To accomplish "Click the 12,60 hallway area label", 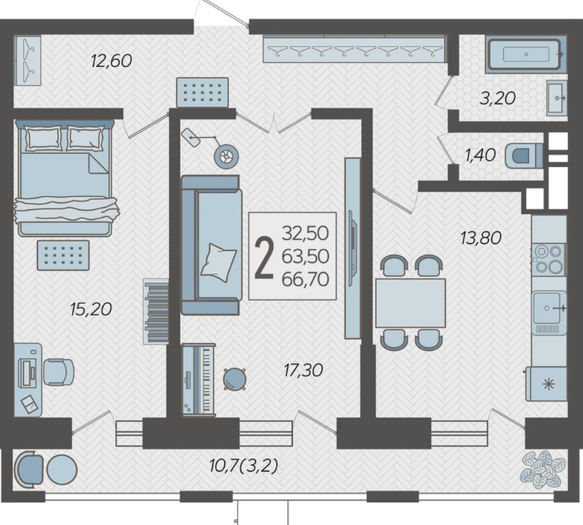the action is pos(111,61).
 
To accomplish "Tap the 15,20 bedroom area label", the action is pos(91,309).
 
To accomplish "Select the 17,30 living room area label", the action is pos(303,370).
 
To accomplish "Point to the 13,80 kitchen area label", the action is pos(481,238).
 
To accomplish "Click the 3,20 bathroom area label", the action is pos(498,98).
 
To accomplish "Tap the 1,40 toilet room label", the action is pos(480,155).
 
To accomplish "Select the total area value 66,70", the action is pos(305,279).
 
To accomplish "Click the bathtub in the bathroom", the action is pos(526,54).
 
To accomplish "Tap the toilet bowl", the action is pos(523,156).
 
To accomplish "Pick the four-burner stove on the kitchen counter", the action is pos(549,260).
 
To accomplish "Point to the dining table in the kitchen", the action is pos(411,303).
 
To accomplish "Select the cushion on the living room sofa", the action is pos(218,262).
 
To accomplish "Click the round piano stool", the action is pos(234,379).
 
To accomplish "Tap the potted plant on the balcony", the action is pos(542,469).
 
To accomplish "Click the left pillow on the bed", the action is pos(43,138).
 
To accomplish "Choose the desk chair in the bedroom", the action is pos(58,372).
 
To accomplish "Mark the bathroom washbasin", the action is pos(557,98).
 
